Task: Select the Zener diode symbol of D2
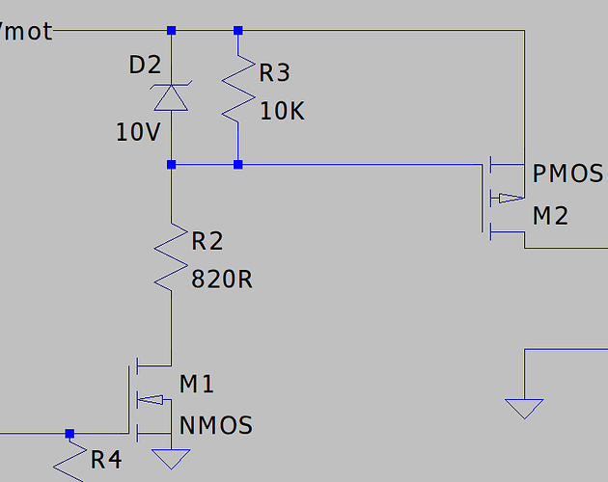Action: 171,97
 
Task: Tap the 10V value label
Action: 137,132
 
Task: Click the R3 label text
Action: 275,72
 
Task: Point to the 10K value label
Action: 282,111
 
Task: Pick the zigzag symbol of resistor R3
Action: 237,96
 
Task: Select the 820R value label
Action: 222,280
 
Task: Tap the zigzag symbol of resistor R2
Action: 171,257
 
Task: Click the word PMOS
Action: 567,174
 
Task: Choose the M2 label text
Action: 550,215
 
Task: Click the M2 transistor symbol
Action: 502,198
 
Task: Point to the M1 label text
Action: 197,385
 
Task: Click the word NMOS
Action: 216,424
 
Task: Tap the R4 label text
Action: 107,460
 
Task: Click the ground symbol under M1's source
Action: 171,456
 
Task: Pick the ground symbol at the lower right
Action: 524,409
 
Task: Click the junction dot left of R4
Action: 69,434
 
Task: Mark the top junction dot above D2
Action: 171,31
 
